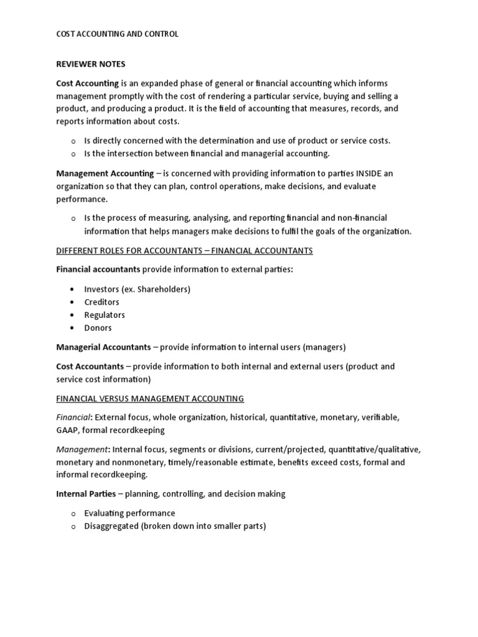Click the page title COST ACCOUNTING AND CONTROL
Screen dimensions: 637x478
tap(117, 34)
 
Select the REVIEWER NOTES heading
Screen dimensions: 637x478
tap(90, 64)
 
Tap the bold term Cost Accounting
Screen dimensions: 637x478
tap(88, 83)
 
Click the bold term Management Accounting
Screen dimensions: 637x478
tap(105, 174)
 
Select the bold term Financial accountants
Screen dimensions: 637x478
tap(98, 269)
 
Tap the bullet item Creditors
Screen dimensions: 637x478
tap(101, 302)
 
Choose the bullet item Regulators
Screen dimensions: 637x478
tap(105, 315)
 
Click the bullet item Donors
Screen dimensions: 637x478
tap(98, 328)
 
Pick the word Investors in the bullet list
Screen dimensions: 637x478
tap(102, 289)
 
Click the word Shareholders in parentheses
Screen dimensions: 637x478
tap(164, 289)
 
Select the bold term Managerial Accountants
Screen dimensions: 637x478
tap(103, 347)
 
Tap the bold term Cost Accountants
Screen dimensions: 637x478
tap(90, 366)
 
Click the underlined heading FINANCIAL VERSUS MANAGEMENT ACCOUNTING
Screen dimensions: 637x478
tap(150, 398)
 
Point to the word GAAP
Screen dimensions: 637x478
tap(67, 430)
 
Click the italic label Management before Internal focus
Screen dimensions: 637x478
tap(82, 449)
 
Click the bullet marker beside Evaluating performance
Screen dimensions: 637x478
tap(73, 514)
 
